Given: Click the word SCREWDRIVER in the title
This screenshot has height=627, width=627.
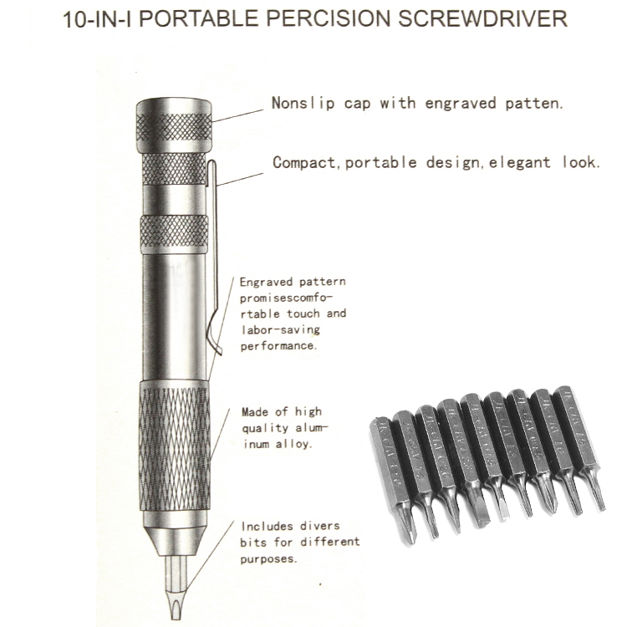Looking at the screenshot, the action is (x=482, y=18).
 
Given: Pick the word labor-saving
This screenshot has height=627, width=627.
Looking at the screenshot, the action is (x=280, y=329).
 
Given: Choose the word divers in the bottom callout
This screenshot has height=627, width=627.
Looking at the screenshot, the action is (x=319, y=526).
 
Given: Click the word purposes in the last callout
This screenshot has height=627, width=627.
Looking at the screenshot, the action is (x=268, y=558).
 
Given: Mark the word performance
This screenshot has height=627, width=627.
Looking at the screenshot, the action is (x=278, y=345).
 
